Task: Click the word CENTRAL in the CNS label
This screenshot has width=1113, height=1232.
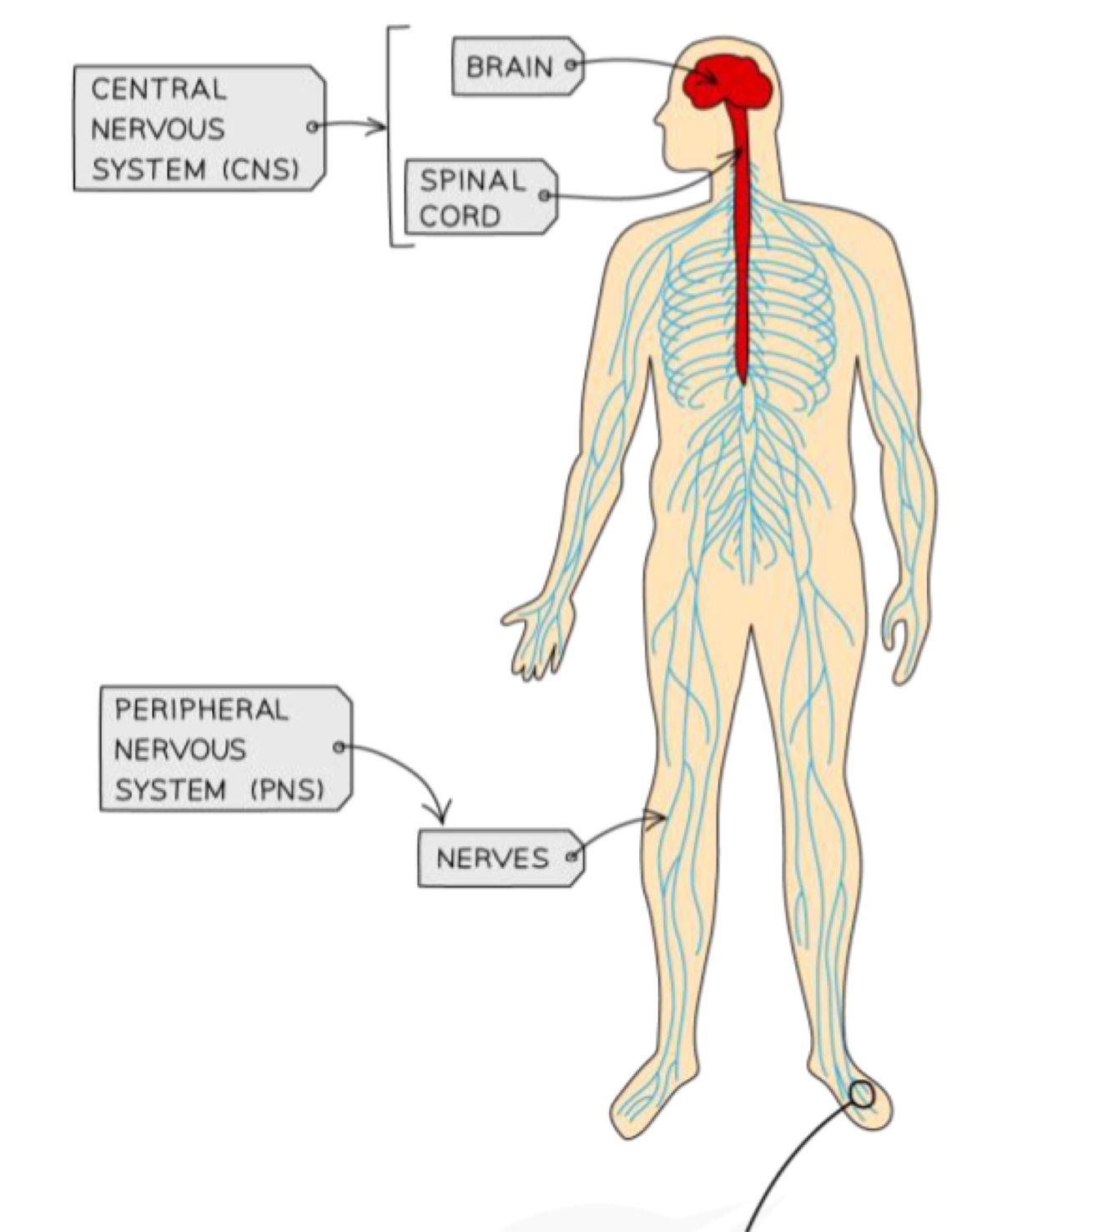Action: coord(159,89)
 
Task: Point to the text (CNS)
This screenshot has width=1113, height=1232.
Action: coord(260,169)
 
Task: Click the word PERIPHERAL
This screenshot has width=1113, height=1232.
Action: coord(200,710)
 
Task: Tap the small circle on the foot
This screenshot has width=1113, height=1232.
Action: coord(861,1093)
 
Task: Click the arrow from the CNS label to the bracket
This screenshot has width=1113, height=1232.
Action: coord(350,127)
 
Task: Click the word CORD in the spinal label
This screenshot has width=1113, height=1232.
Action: coord(460,215)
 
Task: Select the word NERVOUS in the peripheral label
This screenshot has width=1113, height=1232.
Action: coord(180,750)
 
